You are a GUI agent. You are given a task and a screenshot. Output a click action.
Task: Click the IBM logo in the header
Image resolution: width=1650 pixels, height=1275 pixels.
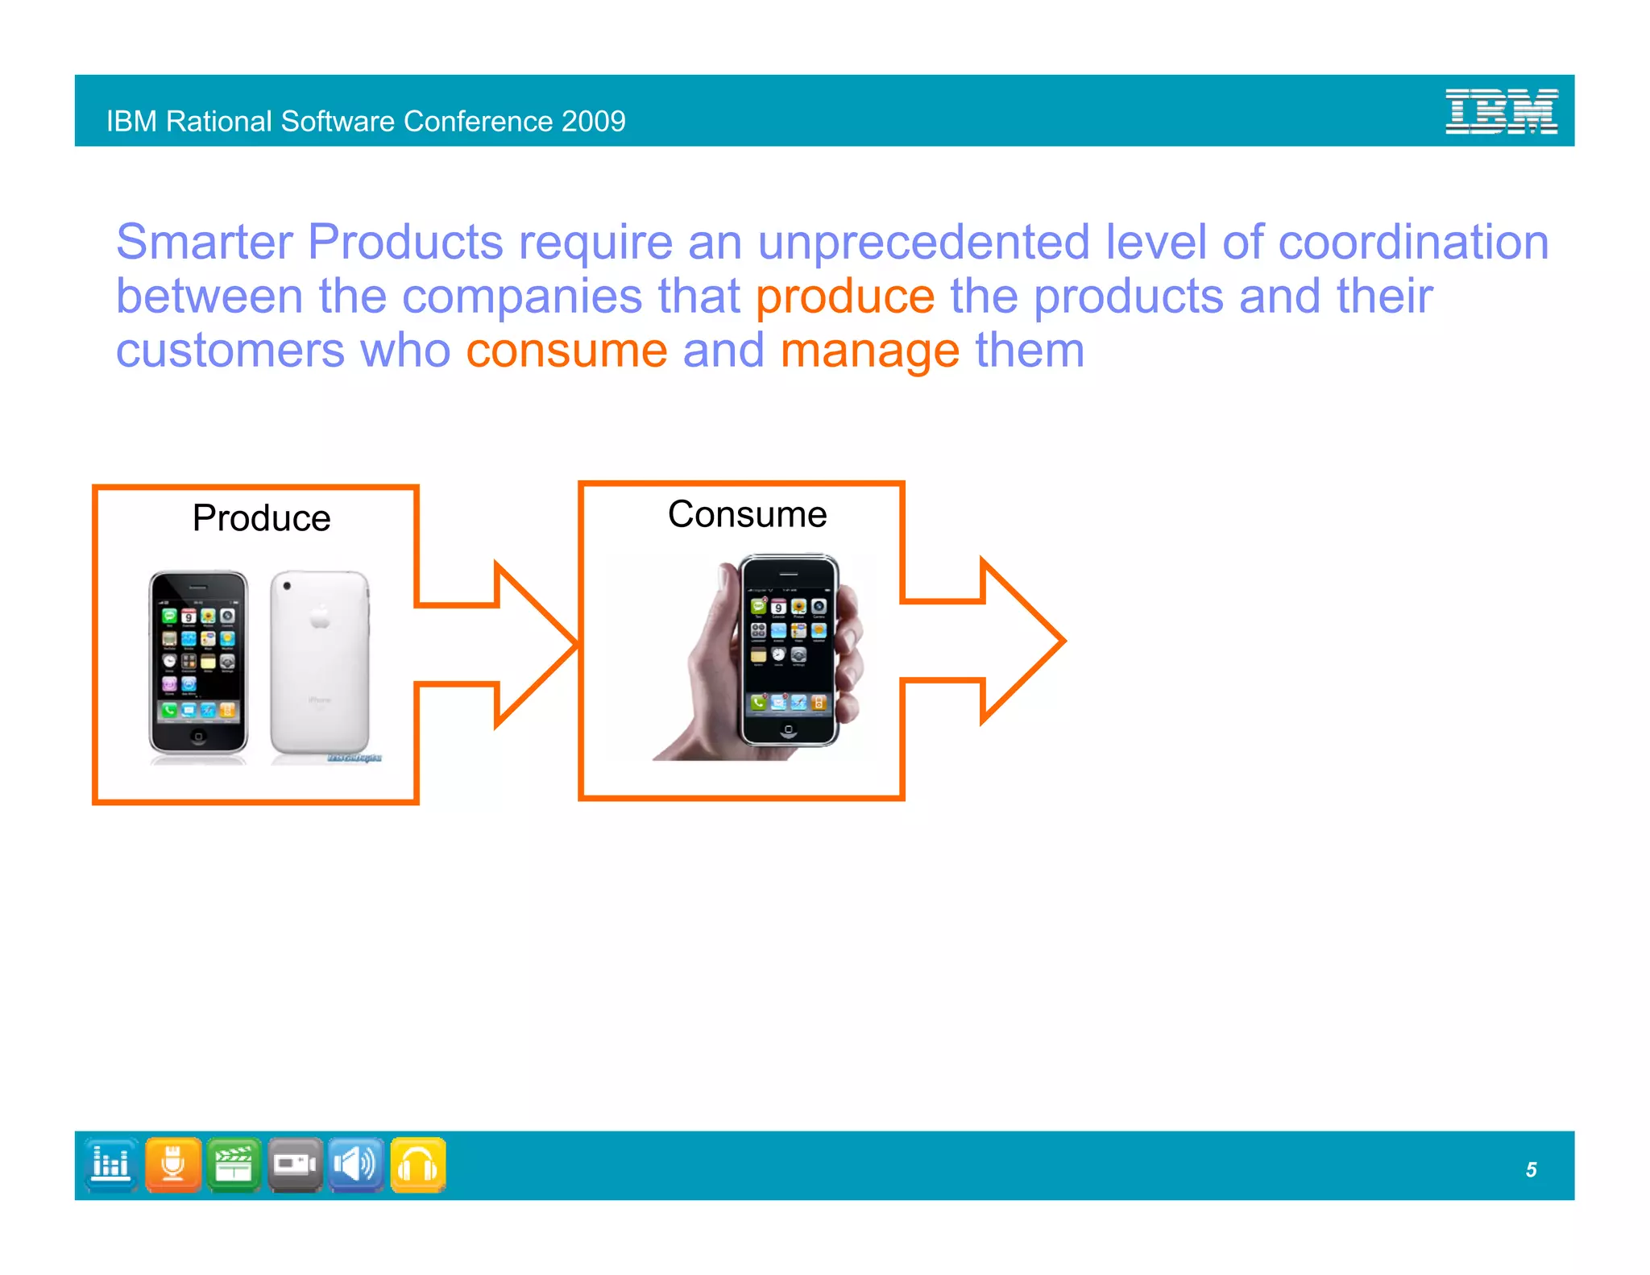point(1501,111)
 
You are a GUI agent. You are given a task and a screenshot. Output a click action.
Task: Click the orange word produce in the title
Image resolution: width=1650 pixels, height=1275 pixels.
point(844,297)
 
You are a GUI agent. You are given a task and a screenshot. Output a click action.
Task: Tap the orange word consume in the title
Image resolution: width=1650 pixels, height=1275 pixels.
point(566,351)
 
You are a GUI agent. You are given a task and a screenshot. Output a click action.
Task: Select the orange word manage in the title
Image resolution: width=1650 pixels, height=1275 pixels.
point(869,352)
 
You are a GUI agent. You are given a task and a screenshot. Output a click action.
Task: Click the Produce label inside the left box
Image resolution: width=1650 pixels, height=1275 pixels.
point(261,518)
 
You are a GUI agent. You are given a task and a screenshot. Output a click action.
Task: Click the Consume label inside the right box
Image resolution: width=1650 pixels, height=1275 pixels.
point(747,514)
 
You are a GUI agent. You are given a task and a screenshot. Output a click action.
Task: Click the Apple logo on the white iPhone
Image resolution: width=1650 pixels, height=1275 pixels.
point(320,617)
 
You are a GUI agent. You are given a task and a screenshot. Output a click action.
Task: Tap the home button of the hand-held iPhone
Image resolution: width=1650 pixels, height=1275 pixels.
point(788,729)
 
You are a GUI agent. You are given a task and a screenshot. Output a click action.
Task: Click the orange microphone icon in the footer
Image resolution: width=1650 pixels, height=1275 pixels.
point(173,1165)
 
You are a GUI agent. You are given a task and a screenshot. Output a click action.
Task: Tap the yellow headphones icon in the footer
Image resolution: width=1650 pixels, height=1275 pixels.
point(417,1165)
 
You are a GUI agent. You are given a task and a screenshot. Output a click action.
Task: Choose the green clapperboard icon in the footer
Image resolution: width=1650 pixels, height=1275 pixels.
point(234,1165)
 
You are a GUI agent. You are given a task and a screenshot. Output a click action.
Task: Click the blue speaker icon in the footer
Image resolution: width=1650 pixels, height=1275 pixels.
point(355,1165)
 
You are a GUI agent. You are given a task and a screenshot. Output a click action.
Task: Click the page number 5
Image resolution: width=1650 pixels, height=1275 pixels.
point(1531,1169)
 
